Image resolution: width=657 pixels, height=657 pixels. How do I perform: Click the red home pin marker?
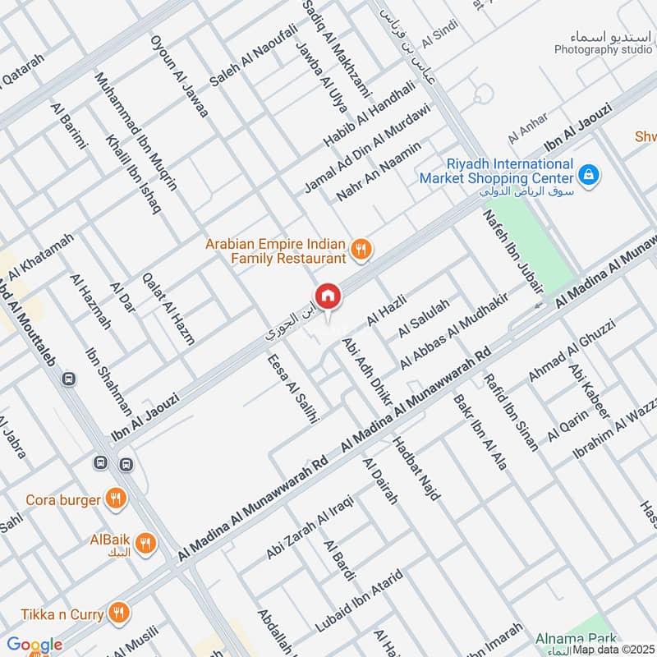click(x=327, y=296)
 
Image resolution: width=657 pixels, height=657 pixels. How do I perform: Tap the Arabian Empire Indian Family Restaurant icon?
click(x=360, y=249)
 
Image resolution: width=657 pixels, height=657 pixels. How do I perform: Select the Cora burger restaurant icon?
click(x=116, y=498)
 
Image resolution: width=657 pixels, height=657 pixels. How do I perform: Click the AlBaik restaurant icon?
click(x=145, y=542)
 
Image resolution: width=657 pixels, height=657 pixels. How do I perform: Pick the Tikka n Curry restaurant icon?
click(x=119, y=612)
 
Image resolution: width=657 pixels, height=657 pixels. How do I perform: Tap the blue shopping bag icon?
click(x=588, y=174)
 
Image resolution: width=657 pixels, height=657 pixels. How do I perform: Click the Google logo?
click(x=34, y=645)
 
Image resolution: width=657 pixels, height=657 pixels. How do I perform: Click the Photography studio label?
click(x=603, y=49)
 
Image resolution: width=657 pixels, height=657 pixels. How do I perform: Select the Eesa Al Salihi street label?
click(x=291, y=386)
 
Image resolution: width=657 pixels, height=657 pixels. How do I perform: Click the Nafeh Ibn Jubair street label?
click(x=514, y=250)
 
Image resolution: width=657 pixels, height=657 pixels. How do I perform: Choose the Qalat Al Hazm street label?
click(x=168, y=308)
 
